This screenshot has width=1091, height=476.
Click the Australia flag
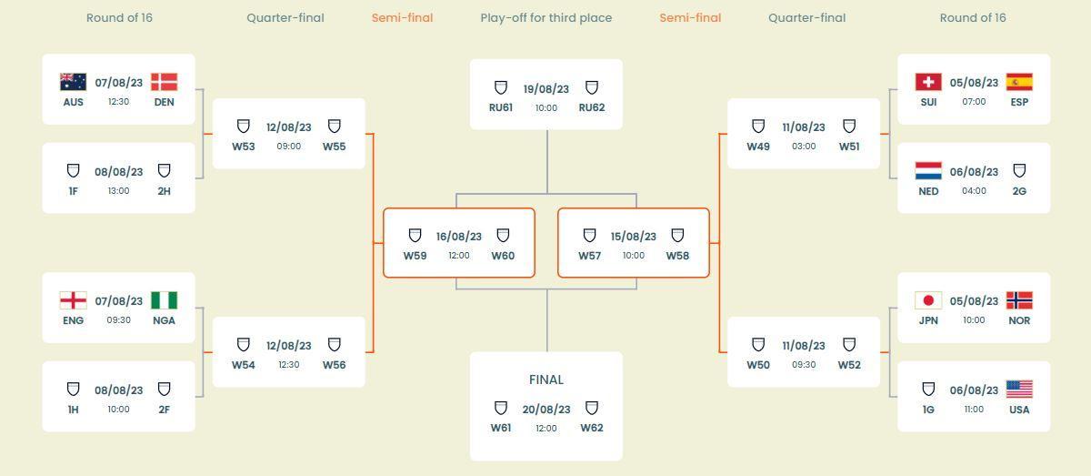pos(73,82)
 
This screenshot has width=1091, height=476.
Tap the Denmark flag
pos(164,82)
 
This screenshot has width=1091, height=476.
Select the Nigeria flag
pos(164,300)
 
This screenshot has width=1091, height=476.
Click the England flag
pos(73,300)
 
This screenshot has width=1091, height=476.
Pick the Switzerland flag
pos(928,82)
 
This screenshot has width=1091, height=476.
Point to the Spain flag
pos(1019,82)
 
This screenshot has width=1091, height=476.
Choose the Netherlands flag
pos(928,171)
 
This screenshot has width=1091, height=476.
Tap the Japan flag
pos(928,300)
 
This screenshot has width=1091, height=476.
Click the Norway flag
pos(1019,300)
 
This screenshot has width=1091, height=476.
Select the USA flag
pos(1019,390)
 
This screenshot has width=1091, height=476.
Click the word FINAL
pos(546,380)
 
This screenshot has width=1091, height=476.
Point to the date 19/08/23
pos(546,89)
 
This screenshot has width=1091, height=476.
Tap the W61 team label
pos(501,428)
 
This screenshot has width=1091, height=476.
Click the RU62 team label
pos(592,107)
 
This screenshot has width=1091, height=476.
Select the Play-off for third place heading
pos(545,18)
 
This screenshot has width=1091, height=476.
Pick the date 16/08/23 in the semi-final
pos(459,237)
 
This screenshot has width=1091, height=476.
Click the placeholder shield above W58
pos(677,236)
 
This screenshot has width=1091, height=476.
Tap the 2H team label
pos(164,191)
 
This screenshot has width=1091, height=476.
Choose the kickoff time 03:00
pos(804,147)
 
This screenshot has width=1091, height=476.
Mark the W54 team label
pos(244,365)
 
